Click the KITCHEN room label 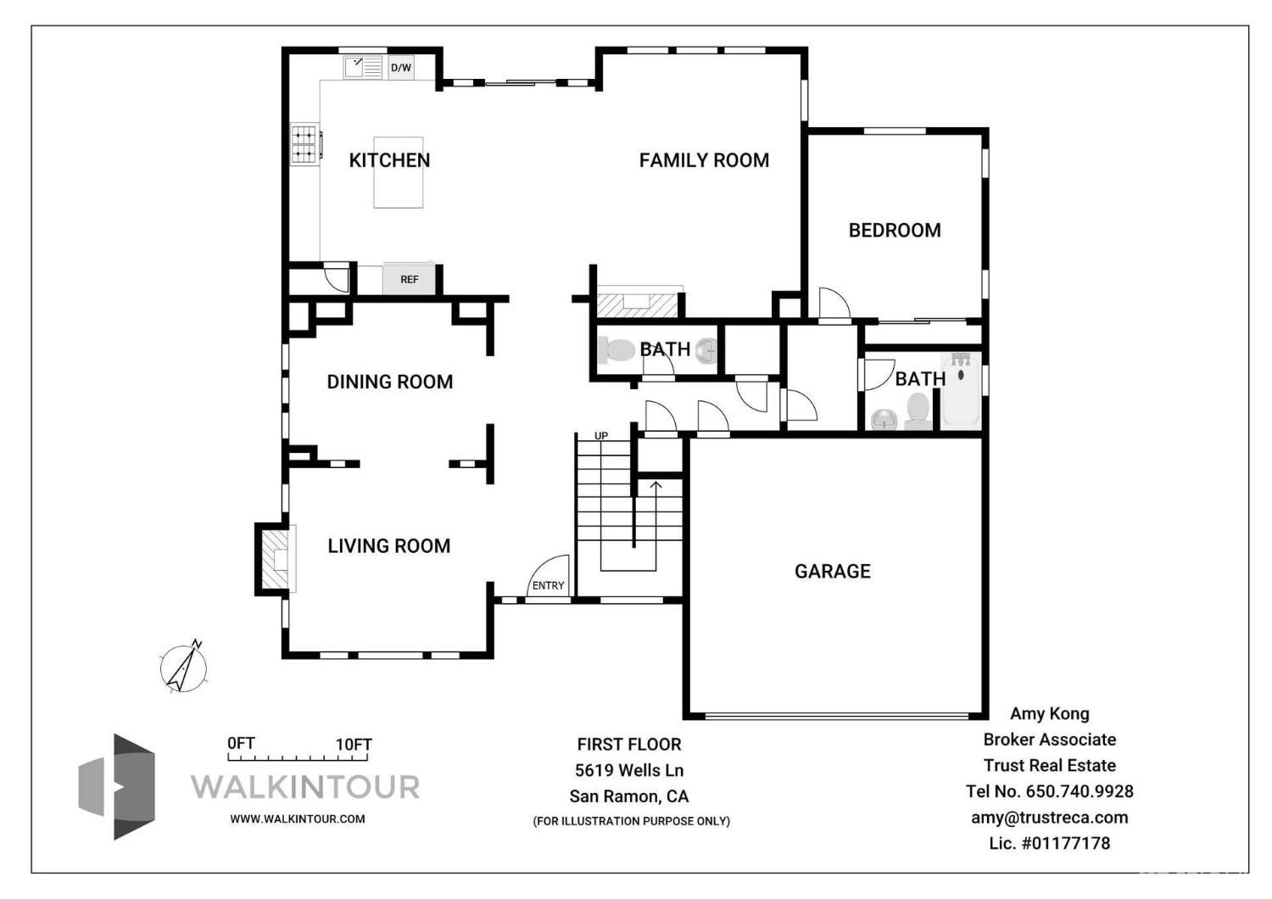pos(389,160)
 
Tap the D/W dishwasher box pos(401,68)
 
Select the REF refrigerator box pos(409,279)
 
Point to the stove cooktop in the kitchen pos(304,144)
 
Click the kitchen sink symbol pos(363,67)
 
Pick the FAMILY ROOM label pos(704,160)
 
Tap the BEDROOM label pos(895,230)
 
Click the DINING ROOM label pos(389,382)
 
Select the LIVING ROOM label pos(388,545)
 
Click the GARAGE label pos(832,571)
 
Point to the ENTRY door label pos(548,585)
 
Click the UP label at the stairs pos(601,436)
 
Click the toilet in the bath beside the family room pos(616,349)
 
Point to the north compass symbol pos(184,667)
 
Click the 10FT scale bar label pos(354,745)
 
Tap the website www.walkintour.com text pos(297,818)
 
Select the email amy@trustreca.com pos(1049,818)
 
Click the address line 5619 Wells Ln pos(628,770)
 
